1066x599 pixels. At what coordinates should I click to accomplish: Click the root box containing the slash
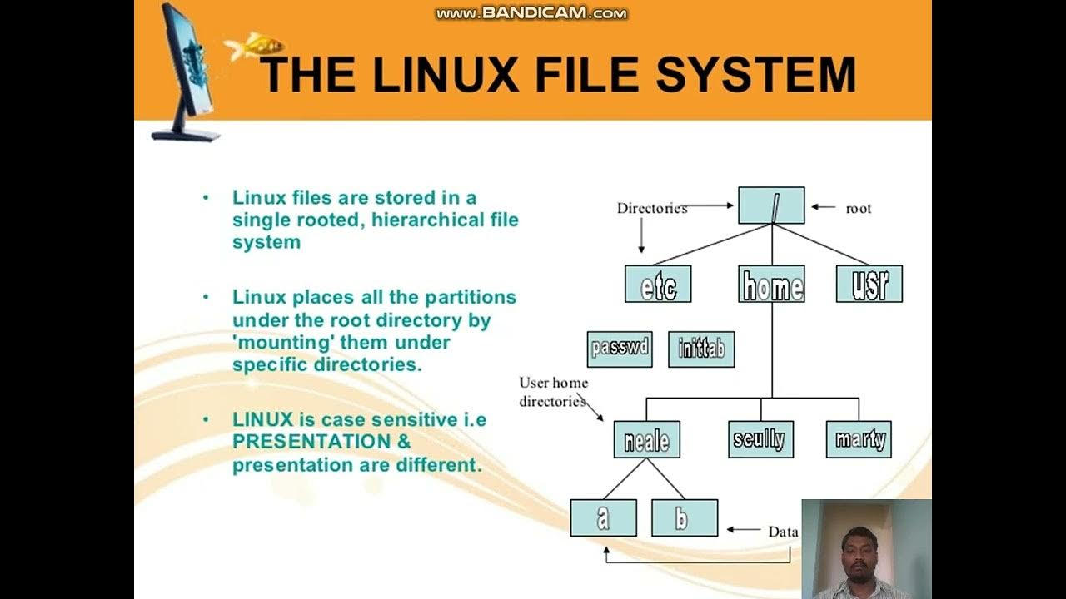tap(771, 205)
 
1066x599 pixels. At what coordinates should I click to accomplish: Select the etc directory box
tap(658, 285)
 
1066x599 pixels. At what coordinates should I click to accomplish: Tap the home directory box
tap(771, 285)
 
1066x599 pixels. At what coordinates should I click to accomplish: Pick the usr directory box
tap(869, 285)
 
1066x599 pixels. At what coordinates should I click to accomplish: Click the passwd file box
tap(620, 349)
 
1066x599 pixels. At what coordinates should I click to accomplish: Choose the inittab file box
tap(701, 349)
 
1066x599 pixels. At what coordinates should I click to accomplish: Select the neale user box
tap(646, 439)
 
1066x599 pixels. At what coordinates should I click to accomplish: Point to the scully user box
tap(760, 439)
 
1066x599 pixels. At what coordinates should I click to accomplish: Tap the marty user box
tap(859, 439)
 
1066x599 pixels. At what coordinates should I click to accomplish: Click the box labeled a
tap(603, 517)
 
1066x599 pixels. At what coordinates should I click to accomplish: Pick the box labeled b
tap(684, 517)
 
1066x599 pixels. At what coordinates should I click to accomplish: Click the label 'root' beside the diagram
tap(859, 209)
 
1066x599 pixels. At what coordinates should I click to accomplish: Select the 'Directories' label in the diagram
tap(651, 209)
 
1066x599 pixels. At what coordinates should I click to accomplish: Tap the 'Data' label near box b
tap(783, 532)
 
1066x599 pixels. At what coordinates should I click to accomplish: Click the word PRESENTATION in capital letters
tap(311, 442)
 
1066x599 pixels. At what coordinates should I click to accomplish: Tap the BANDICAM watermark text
tap(531, 13)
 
